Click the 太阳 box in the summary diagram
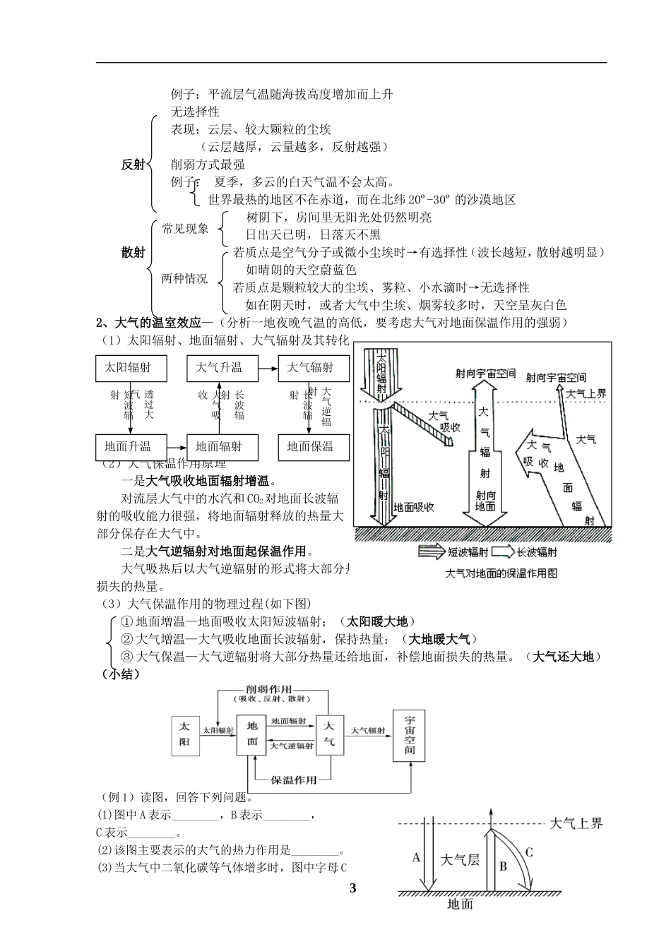[184, 734]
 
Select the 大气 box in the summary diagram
[328, 735]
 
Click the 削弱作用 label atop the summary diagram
[271, 688]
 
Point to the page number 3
[353, 888]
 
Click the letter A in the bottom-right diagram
[416, 857]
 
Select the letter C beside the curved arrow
[529, 852]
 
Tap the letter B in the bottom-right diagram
[503, 866]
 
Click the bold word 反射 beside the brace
[133, 165]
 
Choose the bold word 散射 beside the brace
[133, 253]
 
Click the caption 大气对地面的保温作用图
[501, 573]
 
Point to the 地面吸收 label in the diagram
[413, 507]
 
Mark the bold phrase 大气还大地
[563, 657]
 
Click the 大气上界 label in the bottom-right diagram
[576, 823]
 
